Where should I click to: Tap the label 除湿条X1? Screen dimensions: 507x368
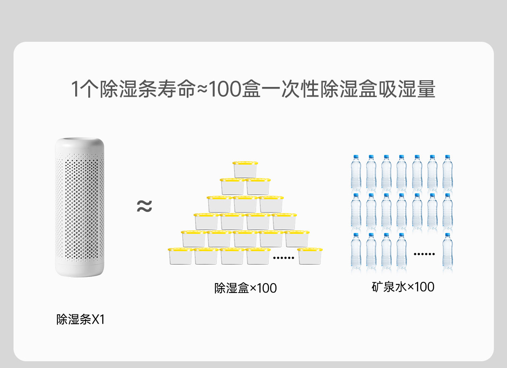click(x=80, y=319)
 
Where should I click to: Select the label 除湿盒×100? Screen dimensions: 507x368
click(x=245, y=288)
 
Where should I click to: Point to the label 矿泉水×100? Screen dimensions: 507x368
click(x=403, y=287)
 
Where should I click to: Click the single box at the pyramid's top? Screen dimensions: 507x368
click(x=245, y=169)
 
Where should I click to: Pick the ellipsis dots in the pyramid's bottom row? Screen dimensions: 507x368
click(x=283, y=257)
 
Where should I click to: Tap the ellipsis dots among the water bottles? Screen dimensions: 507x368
click(x=424, y=254)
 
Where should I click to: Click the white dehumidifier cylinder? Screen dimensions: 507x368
click(x=79, y=207)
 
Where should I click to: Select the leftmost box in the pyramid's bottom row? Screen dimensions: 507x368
click(x=180, y=256)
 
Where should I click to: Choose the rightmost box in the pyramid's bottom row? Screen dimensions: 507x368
click(x=310, y=256)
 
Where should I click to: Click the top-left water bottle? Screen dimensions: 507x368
click(x=356, y=173)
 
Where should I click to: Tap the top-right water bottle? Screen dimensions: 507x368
click(x=447, y=173)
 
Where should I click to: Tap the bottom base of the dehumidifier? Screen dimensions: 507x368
click(x=79, y=270)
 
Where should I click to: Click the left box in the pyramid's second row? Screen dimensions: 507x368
click(x=232, y=186)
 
